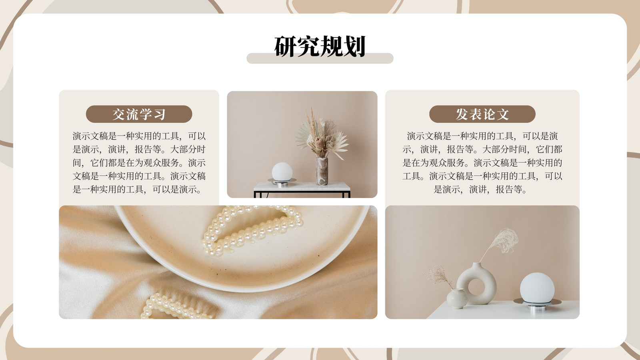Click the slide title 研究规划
[x=320, y=46]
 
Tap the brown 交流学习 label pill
[x=139, y=114]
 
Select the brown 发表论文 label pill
[x=482, y=114]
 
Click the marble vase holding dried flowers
[x=322, y=171]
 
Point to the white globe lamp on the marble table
[x=282, y=172]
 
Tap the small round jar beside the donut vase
[x=457, y=298]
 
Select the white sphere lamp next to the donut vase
[x=537, y=287]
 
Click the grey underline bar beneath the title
[x=320, y=58]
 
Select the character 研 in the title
[x=285, y=46]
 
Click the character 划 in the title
[x=354, y=46]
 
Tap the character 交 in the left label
[x=118, y=114]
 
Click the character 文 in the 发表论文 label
[x=503, y=114]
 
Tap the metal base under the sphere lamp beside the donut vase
[x=538, y=305]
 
